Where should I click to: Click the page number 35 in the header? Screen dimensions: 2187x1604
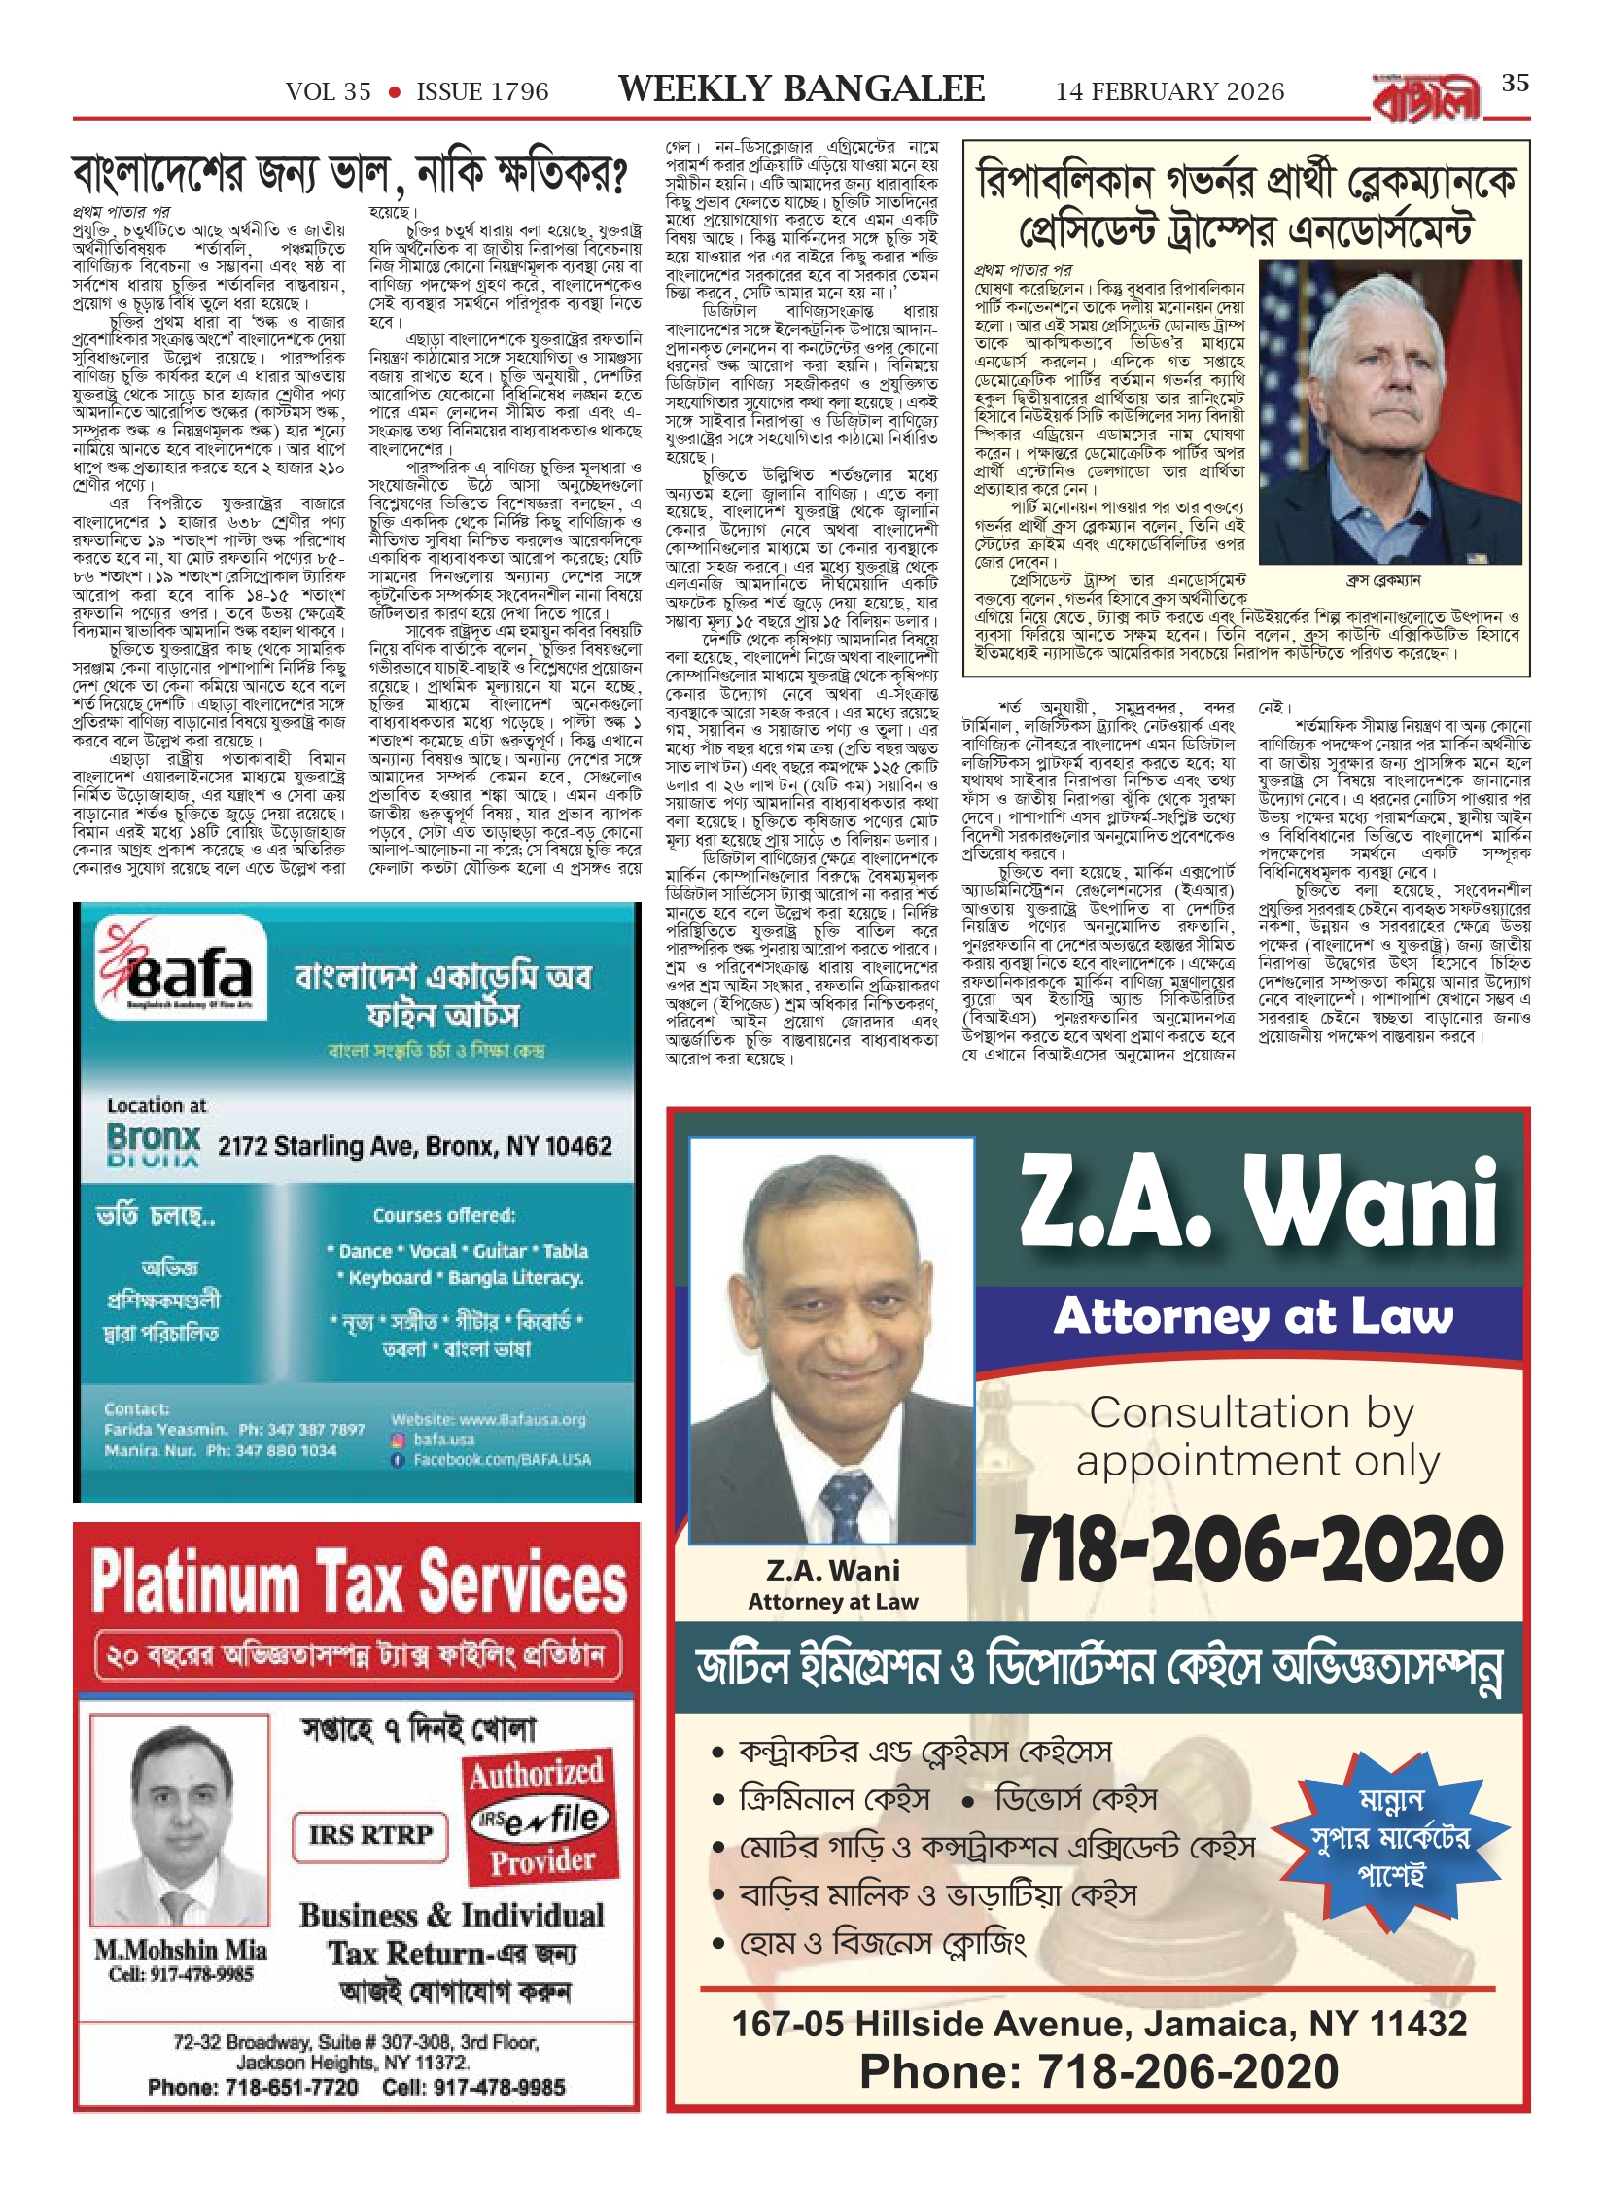click(1515, 84)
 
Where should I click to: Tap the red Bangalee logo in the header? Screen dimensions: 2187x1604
click(1426, 98)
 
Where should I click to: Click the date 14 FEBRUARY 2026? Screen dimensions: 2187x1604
click(1169, 92)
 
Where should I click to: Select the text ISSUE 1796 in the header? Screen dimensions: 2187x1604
click(482, 92)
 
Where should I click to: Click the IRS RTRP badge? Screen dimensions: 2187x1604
click(370, 1835)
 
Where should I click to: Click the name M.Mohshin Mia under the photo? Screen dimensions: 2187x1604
click(181, 1951)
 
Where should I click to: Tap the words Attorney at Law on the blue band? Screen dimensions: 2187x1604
click(1253, 1317)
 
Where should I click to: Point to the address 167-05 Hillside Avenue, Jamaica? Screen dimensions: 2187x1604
click(1098, 2024)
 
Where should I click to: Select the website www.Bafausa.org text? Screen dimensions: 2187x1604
click(489, 1420)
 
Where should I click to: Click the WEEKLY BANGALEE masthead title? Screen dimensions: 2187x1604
click(801, 89)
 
